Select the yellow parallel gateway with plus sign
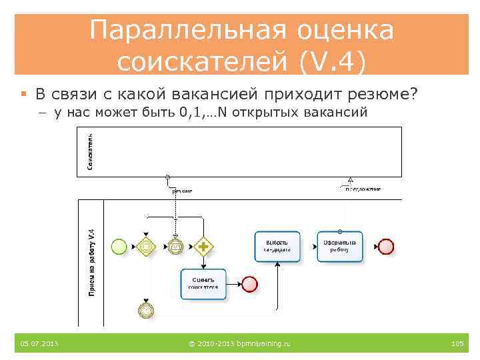coord(203,247)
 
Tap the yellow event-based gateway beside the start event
coord(146,247)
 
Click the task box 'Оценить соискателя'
coord(203,283)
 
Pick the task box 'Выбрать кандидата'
coord(277,247)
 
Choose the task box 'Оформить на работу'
coord(340,247)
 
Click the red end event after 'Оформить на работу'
coord(386,247)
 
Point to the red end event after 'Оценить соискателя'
coord(250,284)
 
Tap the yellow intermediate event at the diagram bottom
coord(146,309)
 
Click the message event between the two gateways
coord(175,247)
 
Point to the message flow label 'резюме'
coord(181,191)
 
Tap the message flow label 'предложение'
coord(363,189)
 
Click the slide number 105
coord(457,343)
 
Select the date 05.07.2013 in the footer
coord(39,343)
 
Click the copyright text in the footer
coord(239,343)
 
